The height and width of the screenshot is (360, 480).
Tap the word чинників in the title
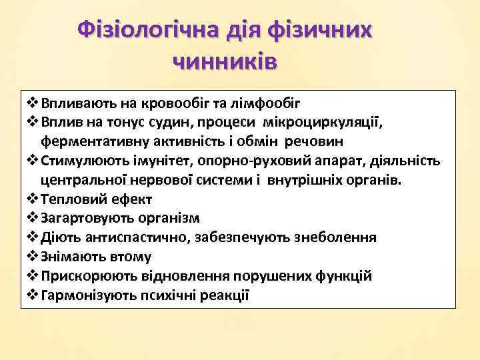[x=225, y=61]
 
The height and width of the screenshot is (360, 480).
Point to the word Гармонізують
[x=84, y=295]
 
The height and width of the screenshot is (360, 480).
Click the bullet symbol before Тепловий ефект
[x=33, y=199]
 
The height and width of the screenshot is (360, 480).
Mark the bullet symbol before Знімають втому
[x=33, y=257]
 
